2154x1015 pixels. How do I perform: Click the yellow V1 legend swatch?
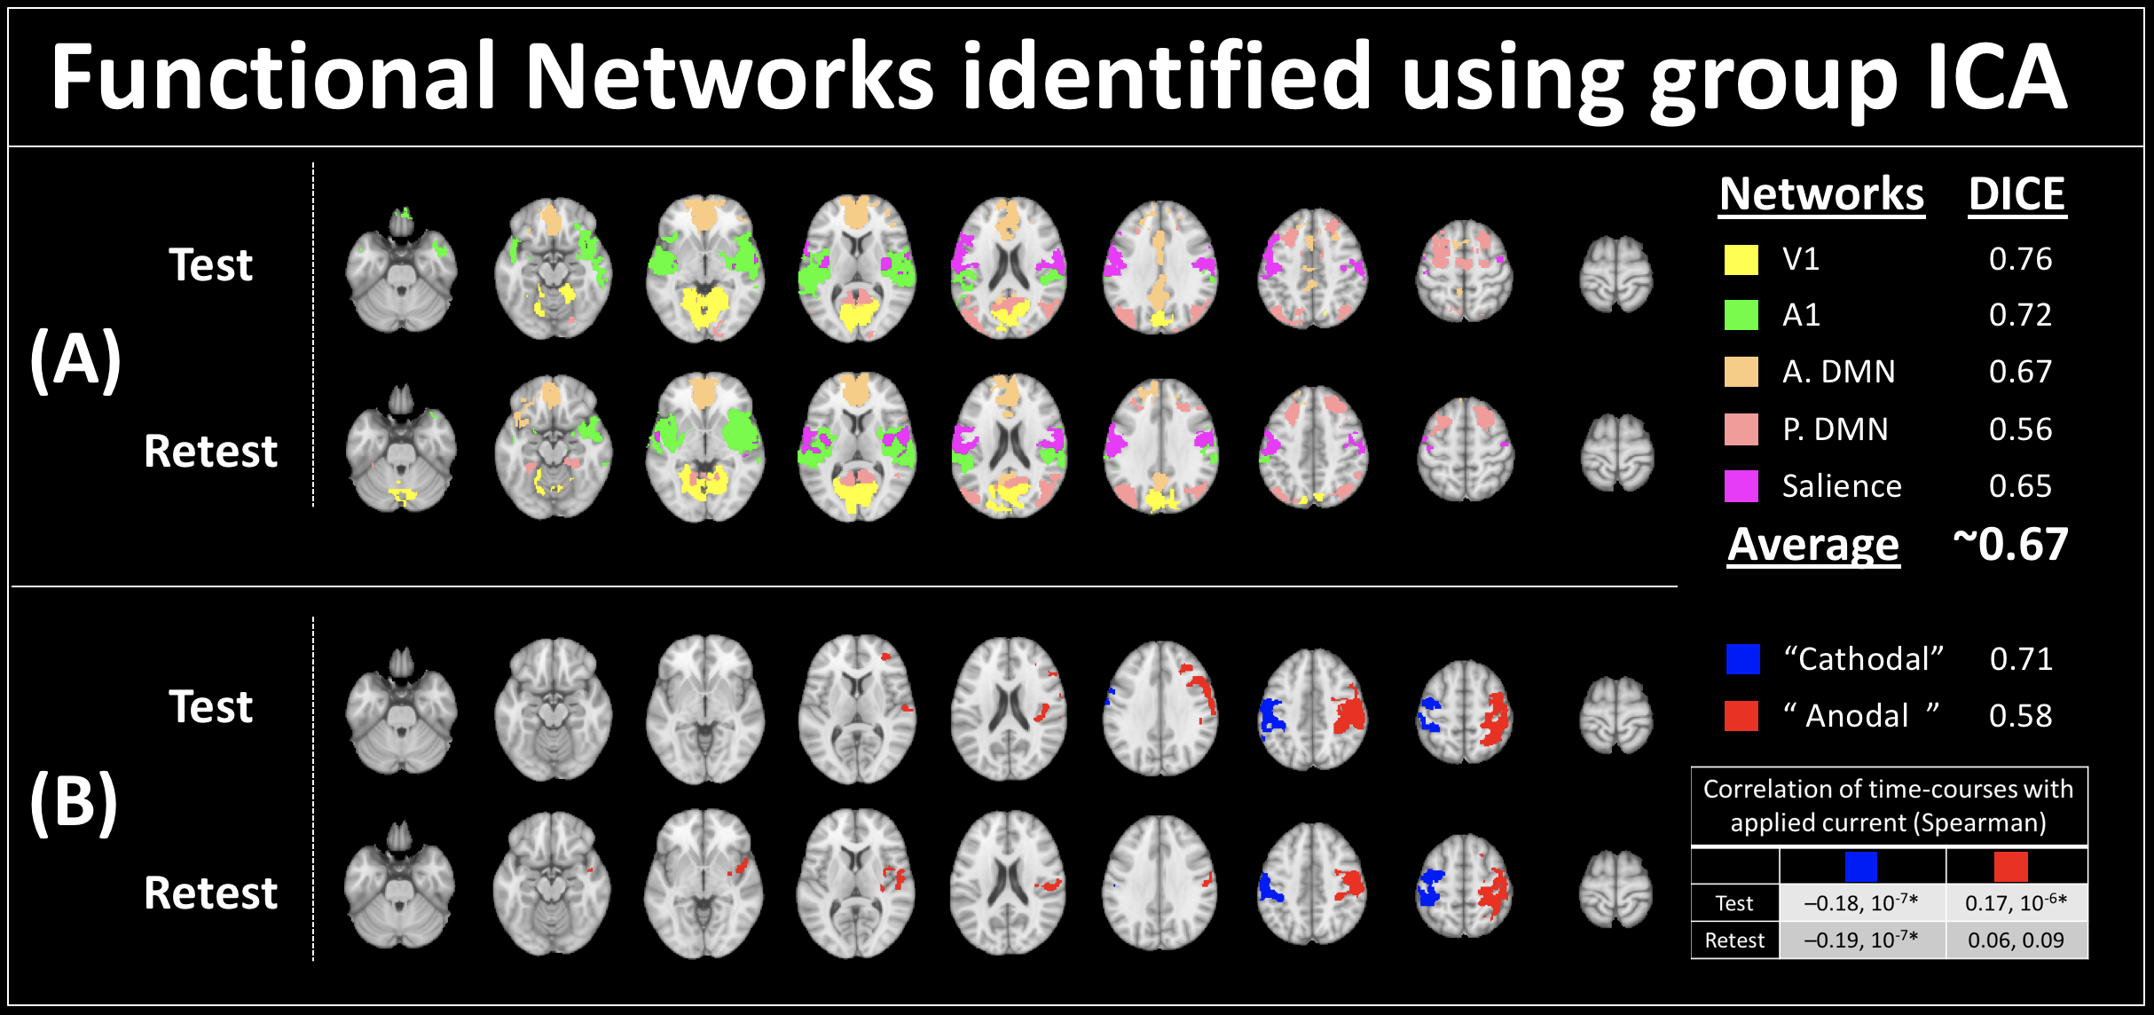click(1741, 259)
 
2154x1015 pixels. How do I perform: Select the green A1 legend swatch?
click(1741, 315)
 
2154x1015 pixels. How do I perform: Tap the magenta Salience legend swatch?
click(1741, 486)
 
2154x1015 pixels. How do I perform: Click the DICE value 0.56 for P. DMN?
click(2020, 429)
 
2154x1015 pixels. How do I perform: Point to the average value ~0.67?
click(2010, 544)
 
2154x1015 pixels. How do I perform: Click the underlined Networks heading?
click(1821, 194)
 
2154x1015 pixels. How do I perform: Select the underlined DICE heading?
click(2016, 194)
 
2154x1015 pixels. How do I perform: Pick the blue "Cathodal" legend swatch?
click(1742, 659)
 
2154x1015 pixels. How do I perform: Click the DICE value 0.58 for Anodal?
click(2020, 716)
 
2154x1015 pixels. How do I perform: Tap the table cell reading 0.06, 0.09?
click(2016, 940)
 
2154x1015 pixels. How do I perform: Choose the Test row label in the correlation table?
click(1734, 903)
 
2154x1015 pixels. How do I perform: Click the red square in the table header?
click(2010, 866)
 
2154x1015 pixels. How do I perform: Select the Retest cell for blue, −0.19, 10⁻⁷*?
click(1861, 940)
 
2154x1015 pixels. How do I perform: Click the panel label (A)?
click(75, 360)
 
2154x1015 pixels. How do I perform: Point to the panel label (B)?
click(74, 802)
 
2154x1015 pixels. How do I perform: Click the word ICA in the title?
click(1996, 78)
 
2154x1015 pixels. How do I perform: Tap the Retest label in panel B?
click(210, 893)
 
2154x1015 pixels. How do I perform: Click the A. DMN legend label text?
click(1838, 372)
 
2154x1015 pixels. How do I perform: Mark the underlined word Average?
click(1813, 545)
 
